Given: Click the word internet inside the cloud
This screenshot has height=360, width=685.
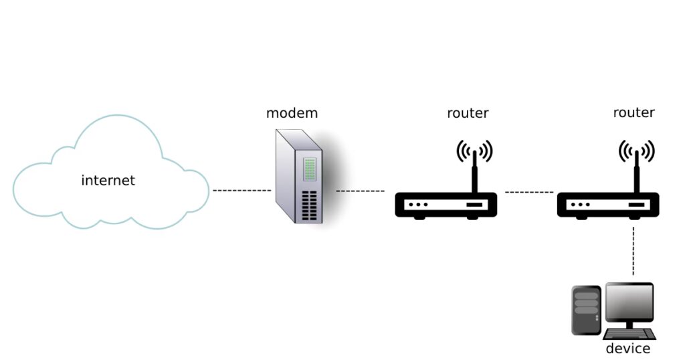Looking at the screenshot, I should (108, 180).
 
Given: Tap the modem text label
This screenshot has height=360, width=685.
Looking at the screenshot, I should (292, 112).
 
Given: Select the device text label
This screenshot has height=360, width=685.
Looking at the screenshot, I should (627, 349).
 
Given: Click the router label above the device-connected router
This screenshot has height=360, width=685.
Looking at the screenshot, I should (633, 112).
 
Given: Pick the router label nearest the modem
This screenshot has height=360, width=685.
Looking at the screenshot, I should (468, 113).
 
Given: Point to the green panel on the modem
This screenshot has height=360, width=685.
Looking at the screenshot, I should (309, 170).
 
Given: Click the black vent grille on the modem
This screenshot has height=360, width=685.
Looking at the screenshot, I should (308, 205).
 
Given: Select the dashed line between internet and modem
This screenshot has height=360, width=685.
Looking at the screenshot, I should (241, 191).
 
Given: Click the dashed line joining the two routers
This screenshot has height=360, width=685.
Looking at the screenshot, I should (529, 192).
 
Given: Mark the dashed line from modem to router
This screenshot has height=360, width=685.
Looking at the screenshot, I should (360, 191).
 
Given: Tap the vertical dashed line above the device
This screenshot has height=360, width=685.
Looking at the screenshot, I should (633, 250).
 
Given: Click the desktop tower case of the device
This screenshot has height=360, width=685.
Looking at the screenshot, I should (586, 309).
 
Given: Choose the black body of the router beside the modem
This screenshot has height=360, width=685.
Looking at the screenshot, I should (446, 204).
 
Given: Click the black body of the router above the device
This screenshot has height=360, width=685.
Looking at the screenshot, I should (608, 204).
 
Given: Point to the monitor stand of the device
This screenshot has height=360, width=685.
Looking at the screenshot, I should (629, 325).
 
